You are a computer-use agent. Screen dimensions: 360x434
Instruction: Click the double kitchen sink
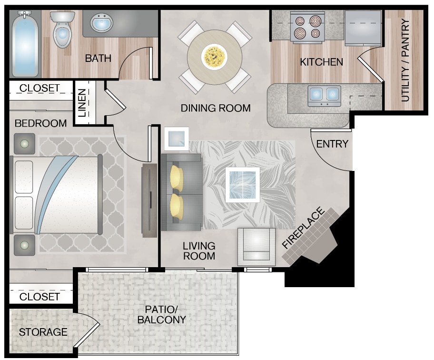[x=325, y=95]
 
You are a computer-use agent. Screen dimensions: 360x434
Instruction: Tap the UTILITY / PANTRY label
[x=405, y=60]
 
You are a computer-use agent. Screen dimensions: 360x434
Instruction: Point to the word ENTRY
[x=332, y=144]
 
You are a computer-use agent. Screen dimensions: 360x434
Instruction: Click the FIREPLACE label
[x=303, y=228]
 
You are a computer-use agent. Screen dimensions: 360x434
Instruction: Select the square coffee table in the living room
[x=242, y=185]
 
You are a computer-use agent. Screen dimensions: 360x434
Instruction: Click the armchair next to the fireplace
[x=256, y=247]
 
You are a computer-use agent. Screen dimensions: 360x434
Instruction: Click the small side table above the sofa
[x=176, y=139]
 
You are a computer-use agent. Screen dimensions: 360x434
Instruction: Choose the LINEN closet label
[x=82, y=103]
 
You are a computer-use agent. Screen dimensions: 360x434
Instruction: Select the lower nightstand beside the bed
[x=24, y=245]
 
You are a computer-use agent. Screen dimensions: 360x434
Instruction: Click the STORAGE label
[x=43, y=332]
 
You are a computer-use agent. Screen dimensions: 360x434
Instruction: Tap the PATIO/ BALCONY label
[x=161, y=314]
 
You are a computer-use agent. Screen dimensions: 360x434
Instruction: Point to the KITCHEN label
[x=321, y=62]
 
